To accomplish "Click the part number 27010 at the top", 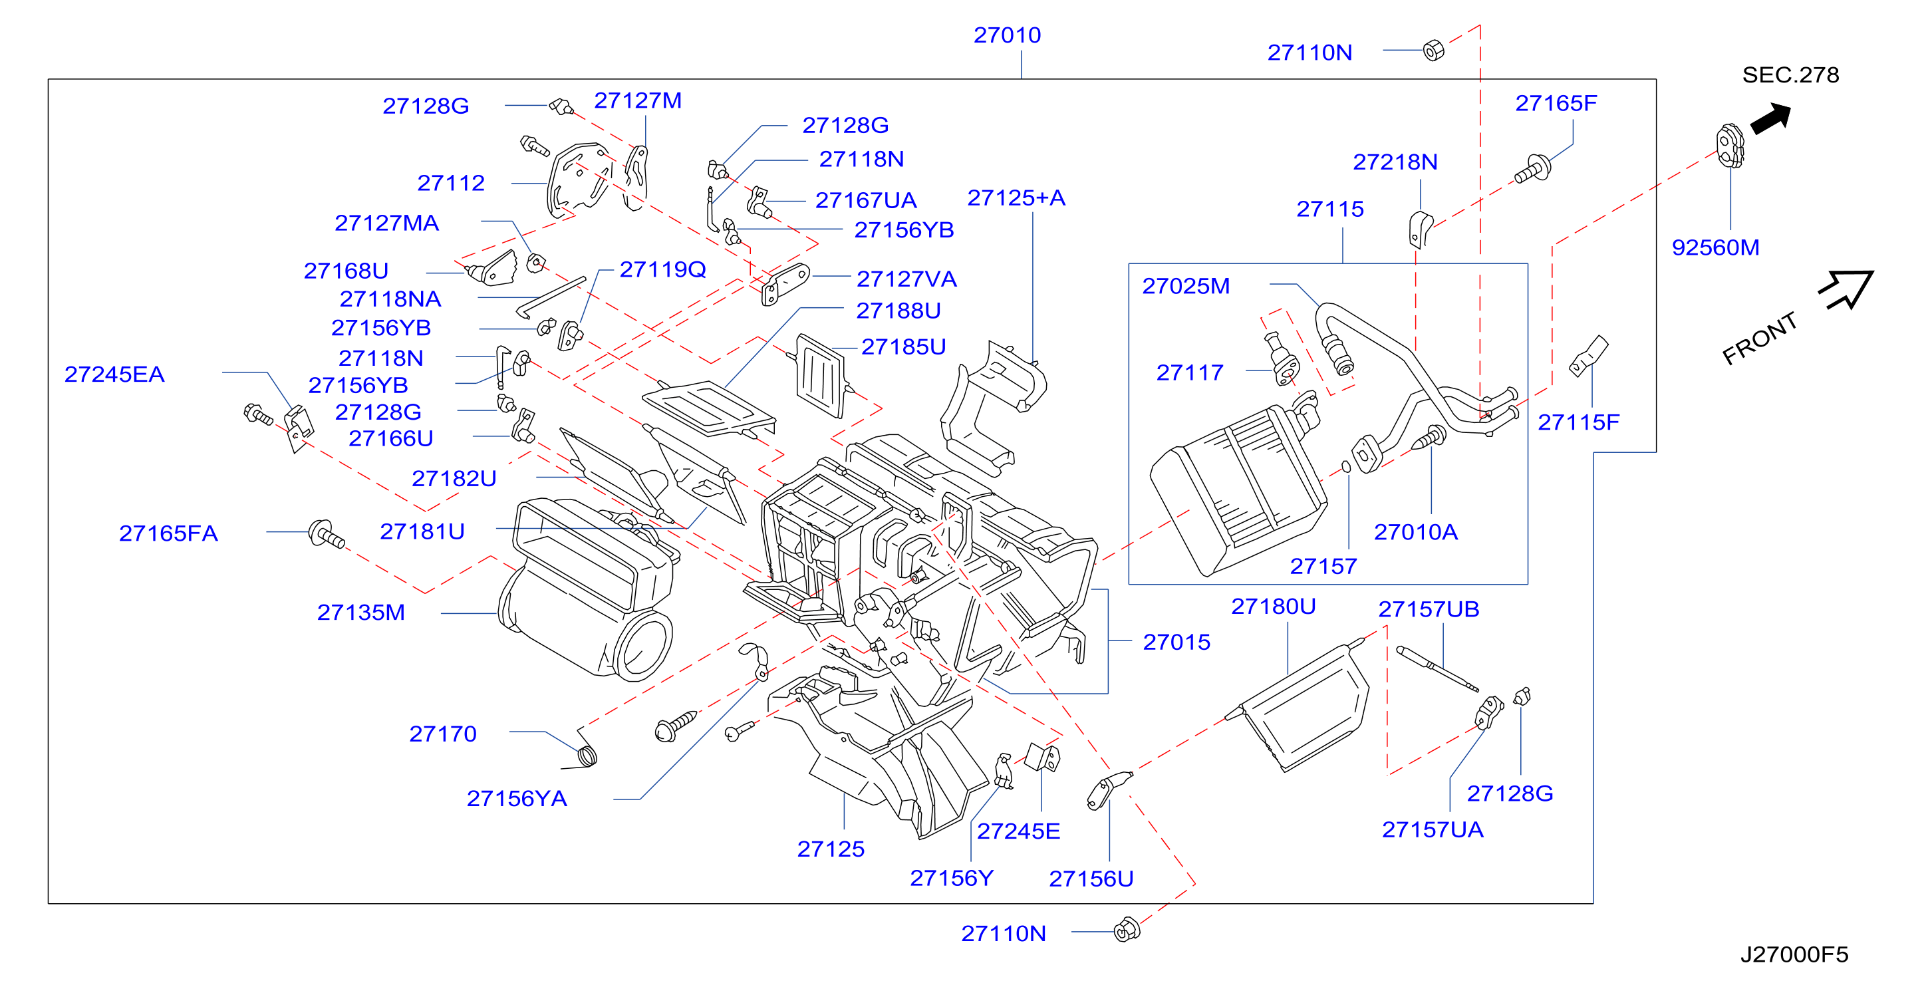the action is [1007, 35].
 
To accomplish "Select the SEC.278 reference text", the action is [1790, 75].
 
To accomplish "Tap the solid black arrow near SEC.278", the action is [1770, 118].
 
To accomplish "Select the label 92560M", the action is [1715, 247].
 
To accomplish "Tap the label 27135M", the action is [360, 612].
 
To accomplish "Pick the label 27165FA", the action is [168, 533].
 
